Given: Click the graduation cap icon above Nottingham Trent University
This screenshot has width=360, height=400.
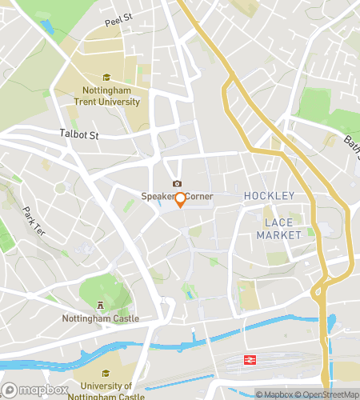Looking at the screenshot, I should tap(106, 78).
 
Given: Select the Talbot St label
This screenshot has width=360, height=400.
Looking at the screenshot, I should tap(78, 134).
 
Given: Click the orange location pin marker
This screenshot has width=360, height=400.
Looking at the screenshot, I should tap(181, 199).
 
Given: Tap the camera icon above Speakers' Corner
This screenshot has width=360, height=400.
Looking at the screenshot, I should tap(177, 184).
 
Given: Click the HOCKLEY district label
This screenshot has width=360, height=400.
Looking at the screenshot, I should tap(269, 196).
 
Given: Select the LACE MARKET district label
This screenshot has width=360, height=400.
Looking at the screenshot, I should tap(279, 228).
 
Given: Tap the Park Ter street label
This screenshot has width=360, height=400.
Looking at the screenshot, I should tap(33, 222).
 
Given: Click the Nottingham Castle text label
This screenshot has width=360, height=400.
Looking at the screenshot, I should tap(101, 318).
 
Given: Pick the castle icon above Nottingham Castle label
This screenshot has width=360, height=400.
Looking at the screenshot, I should tap(101, 305).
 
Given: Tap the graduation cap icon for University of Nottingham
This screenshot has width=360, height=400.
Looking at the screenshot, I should tap(106, 373).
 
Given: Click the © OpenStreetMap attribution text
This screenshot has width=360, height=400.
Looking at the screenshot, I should tap(328, 394).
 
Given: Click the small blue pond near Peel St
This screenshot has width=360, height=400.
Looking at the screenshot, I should tap(46, 26).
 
